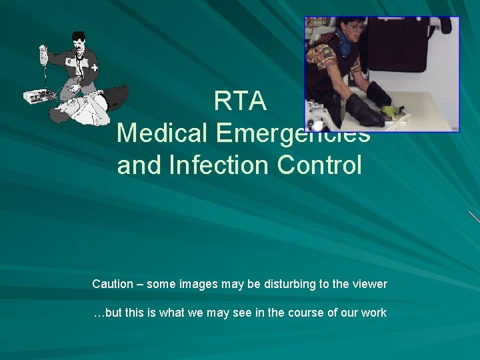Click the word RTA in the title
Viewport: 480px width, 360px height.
240,101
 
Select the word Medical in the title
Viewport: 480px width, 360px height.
163,133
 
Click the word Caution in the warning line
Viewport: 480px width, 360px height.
113,284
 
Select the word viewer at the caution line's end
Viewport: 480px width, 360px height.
369,284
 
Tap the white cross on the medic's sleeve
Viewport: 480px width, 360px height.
94,68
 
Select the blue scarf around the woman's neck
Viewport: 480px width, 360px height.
347,47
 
